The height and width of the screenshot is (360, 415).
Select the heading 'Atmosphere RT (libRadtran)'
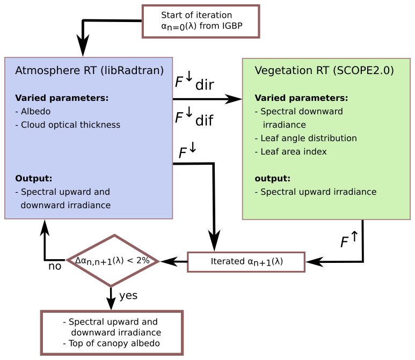point(90,71)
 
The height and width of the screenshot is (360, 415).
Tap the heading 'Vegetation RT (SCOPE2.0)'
point(324,71)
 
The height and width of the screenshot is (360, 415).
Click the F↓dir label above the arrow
point(194,83)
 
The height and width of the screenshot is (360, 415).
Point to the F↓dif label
point(194,119)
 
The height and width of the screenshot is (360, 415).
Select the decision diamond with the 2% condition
point(112,261)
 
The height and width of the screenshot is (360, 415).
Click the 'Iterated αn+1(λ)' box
point(246,262)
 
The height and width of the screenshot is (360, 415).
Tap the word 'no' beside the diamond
point(55,266)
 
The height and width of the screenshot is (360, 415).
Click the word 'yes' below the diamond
point(128,296)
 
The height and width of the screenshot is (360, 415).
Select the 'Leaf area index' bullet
point(290,151)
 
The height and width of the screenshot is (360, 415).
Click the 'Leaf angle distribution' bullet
point(305,138)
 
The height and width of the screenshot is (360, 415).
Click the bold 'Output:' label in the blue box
point(33,178)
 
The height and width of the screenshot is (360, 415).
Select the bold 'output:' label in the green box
point(272,178)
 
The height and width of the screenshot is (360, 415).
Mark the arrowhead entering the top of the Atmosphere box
point(83,47)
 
